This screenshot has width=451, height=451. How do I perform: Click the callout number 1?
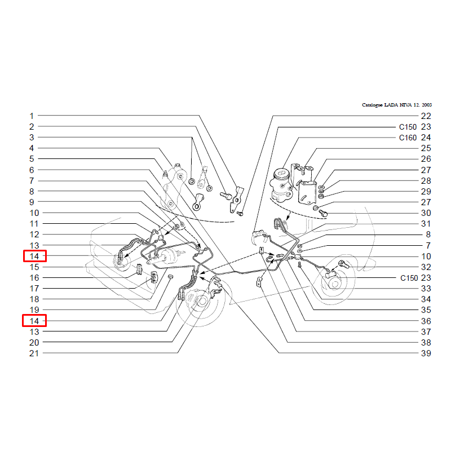point(32,116)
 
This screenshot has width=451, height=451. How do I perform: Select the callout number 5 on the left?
point(32,159)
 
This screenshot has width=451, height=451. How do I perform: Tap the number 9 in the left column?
point(32,202)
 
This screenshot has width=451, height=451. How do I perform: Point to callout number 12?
point(34,235)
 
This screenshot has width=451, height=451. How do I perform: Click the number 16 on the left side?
point(34,277)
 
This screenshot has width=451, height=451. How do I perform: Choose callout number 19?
point(34,309)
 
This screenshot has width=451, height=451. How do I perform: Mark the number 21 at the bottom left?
point(34,353)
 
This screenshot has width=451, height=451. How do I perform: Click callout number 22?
point(426,116)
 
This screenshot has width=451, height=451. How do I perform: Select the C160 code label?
point(408,138)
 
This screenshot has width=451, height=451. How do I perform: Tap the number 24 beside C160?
point(426,138)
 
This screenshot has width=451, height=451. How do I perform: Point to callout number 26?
point(426,159)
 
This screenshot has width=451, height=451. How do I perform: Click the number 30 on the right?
point(426,213)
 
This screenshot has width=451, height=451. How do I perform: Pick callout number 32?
point(426,267)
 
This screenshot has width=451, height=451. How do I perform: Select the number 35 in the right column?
point(426,309)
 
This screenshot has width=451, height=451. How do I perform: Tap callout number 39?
point(426,353)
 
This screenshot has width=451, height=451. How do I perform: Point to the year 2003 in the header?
point(427,105)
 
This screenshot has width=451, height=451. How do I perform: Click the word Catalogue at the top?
point(372,105)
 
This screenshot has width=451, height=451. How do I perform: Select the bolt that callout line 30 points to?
point(323,214)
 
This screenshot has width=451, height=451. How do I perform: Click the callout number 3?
point(32,138)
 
